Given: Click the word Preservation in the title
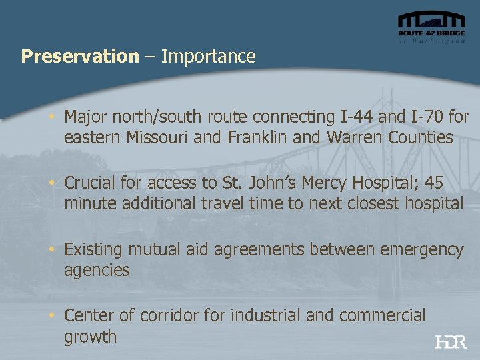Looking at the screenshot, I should click(79, 56).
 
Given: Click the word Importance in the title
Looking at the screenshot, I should click(209, 56).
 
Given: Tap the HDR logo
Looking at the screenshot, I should click(451, 342).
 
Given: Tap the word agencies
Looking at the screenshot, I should click(97, 271).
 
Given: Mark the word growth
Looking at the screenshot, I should click(90, 337).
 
